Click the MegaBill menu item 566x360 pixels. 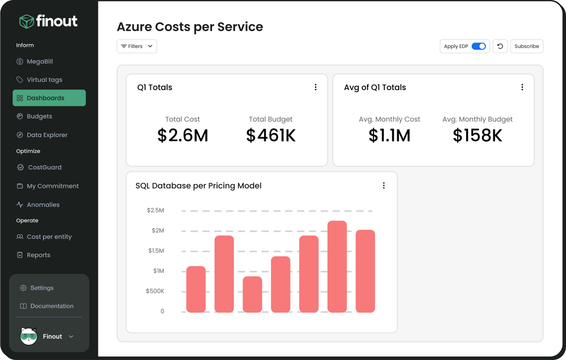tap(40, 61)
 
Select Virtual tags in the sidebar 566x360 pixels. tap(44, 80)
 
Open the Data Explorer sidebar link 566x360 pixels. tap(47, 135)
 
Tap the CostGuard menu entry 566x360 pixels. tap(45, 167)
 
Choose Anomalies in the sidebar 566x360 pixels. tap(43, 205)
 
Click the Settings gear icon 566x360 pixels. tap(23, 288)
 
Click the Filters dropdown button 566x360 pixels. tap(137, 46)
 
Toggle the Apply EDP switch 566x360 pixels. tap(478, 46)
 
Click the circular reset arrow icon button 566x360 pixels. tap(500, 46)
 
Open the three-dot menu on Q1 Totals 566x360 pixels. tap(316, 87)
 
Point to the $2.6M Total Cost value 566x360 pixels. tap(183, 135)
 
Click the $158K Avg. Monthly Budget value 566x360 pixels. tap(477, 135)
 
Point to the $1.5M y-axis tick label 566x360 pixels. tap(156, 251)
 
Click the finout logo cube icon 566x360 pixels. tap(26, 21)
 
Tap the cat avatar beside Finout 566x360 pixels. tap(29, 336)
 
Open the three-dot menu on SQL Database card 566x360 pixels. tap(383, 186)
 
